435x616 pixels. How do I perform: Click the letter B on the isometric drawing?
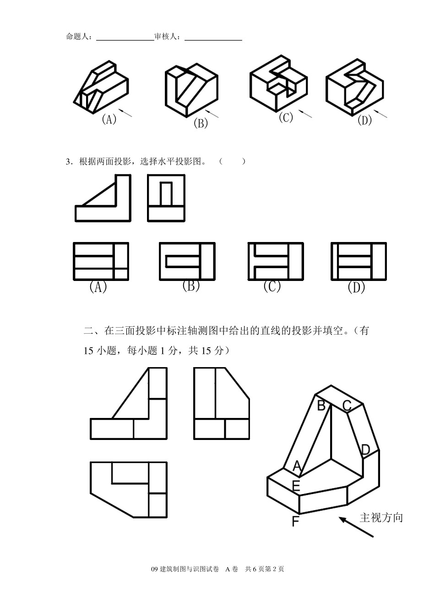point(321,405)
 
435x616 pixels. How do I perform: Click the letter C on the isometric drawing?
point(347,406)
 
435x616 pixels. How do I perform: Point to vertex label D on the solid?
point(365,450)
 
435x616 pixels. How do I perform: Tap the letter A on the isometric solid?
point(297,467)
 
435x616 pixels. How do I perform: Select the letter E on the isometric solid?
point(296,485)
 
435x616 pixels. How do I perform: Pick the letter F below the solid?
point(296,521)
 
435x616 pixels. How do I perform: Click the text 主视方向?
point(381,518)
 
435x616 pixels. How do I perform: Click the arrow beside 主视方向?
point(356,527)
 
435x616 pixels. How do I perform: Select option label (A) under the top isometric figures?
point(109,120)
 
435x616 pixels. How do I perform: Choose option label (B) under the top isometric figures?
point(201,123)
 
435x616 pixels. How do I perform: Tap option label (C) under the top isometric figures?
point(286,117)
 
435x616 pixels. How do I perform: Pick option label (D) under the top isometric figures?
point(364,121)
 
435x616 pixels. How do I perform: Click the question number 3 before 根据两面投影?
point(68,161)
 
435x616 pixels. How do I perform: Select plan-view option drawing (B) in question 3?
point(186,261)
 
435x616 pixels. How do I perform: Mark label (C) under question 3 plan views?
point(272,286)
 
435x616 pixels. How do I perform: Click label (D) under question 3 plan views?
point(356,288)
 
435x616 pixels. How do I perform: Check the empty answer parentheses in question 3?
point(232,161)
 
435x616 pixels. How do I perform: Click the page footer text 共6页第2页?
point(265,569)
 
